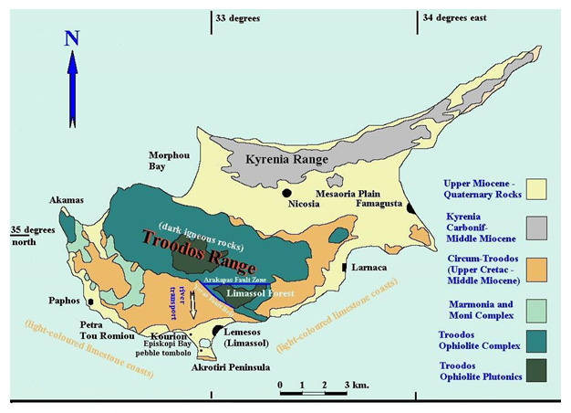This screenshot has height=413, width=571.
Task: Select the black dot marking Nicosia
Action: (x=286, y=193)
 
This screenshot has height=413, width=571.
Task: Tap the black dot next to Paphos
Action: (x=91, y=300)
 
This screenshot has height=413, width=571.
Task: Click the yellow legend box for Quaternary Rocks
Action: (x=541, y=188)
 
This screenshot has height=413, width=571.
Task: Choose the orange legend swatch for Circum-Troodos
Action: (x=541, y=267)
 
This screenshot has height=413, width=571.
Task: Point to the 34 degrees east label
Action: (x=453, y=17)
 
